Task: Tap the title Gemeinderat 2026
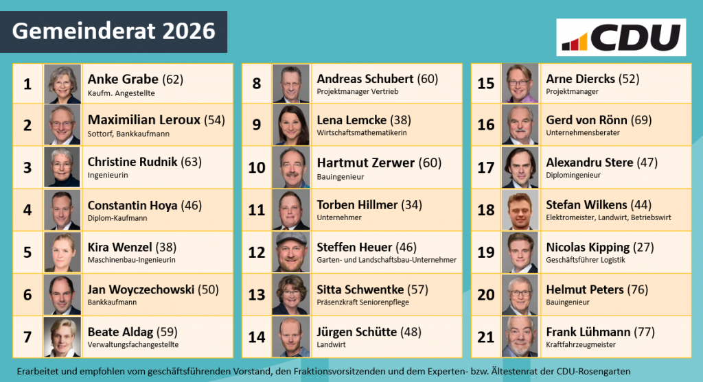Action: [x=114, y=32]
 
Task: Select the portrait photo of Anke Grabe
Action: [x=62, y=84]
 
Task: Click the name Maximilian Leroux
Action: [x=144, y=120]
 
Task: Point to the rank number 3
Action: [x=27, y=167]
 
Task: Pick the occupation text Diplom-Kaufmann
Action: [x=117, y=218]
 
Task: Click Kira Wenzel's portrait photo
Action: [x=62, y=252]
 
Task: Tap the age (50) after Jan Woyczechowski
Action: [x=208, y=289]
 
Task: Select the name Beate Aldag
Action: [x=120, y=332]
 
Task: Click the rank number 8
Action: [x=257, y=84]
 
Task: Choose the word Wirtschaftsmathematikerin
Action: [x=362, y=132]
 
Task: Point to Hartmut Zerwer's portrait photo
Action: [x=291, y=167]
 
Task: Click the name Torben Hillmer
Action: [x=357, y=204]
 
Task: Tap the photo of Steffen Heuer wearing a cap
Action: [x=291, y=252]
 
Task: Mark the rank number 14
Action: [x=257, y=337]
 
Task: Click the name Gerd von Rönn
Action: [x=586, y=120]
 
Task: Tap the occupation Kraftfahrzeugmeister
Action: [x=581, y=344]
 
